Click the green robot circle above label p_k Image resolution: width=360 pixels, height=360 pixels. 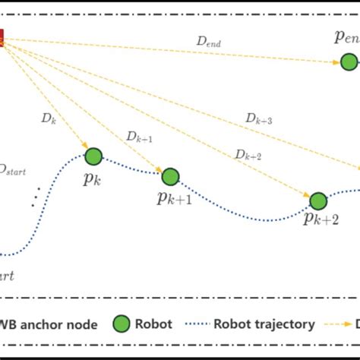(x=93, y=156)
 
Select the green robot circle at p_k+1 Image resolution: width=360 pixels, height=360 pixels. (x=169, y=176)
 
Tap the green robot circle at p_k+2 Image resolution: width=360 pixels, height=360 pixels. (x=317, y=201)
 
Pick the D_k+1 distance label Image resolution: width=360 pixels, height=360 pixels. (x=140, y=137)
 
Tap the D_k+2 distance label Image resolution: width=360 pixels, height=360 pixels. (x=248, y=154)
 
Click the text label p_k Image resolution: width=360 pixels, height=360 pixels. (x=93, y=181)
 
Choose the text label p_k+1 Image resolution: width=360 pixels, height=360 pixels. (x=173, y=199)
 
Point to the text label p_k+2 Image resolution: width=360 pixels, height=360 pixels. (x=321, y=220)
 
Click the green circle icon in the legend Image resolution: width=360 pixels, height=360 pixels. (x=122, y=324)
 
